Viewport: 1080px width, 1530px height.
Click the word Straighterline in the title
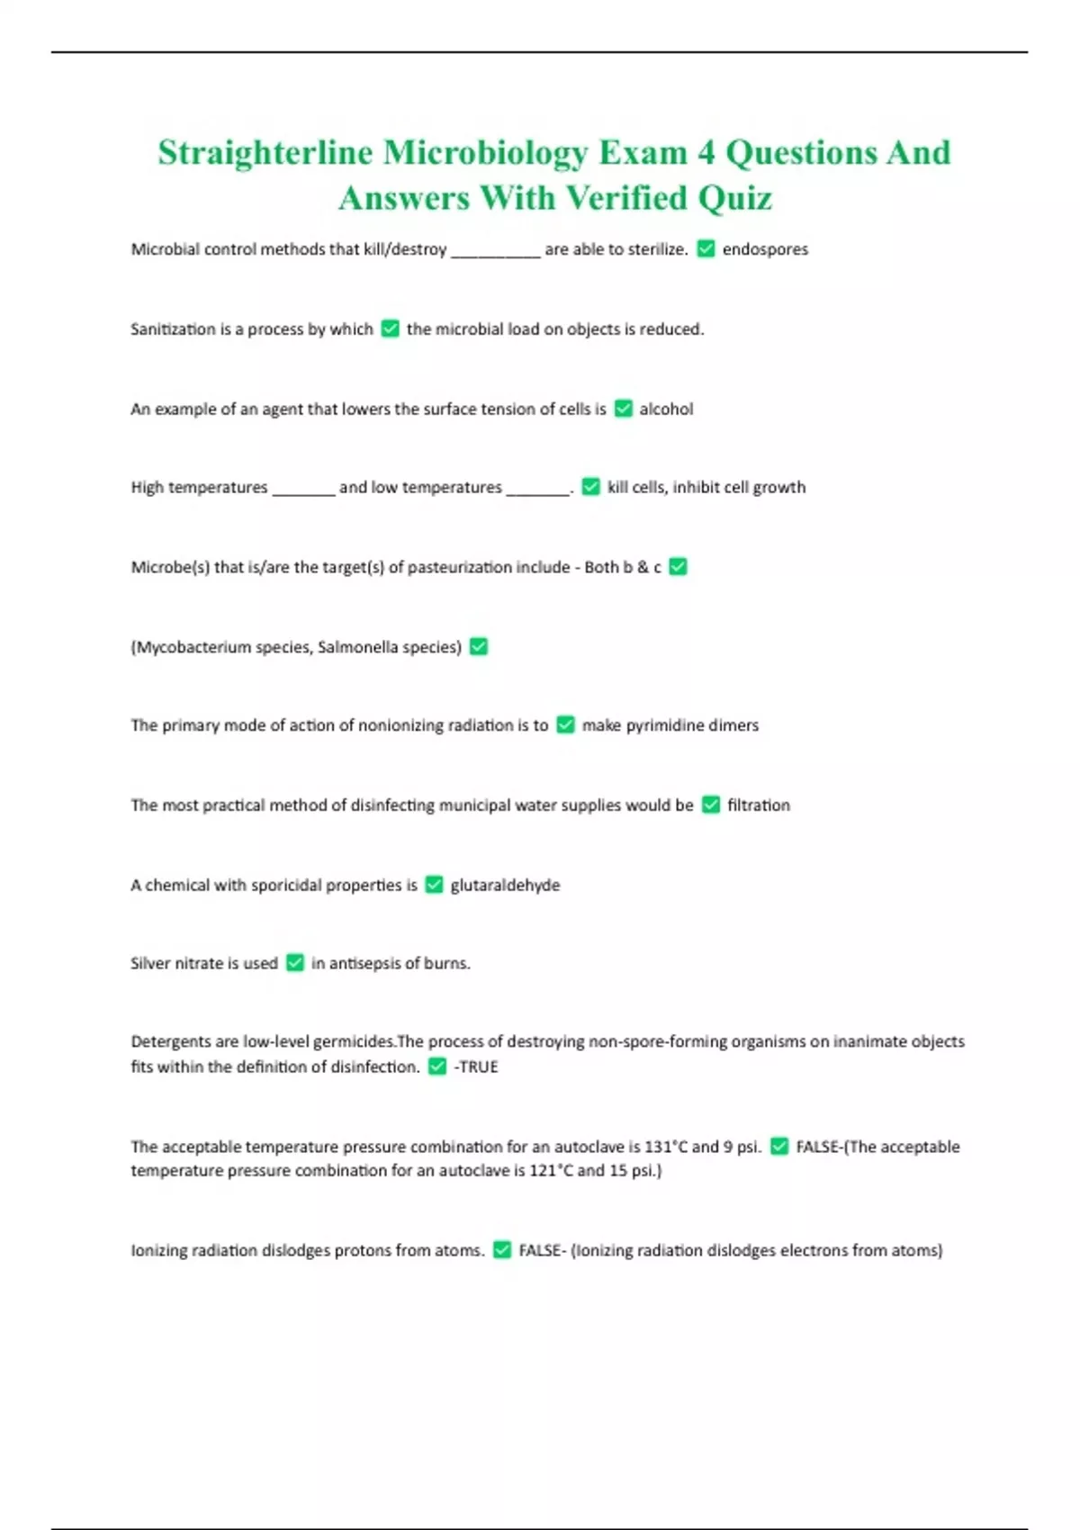coord(265,153)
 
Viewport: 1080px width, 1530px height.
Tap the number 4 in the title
coord(706,153)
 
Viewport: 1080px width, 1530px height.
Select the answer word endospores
coord(765,249)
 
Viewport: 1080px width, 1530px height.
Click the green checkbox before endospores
coord(706,249)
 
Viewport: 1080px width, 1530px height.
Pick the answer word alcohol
coord(666,409)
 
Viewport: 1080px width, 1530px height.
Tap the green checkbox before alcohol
coord(623,409)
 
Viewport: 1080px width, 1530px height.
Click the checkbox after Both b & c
coord(679,567)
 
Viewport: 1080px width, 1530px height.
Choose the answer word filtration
coord(759,805)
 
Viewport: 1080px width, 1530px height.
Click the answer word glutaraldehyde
coord(505,886)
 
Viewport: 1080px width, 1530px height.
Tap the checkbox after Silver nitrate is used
coord(295,963)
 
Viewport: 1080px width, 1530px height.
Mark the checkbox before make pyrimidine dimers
coord(565,725)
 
